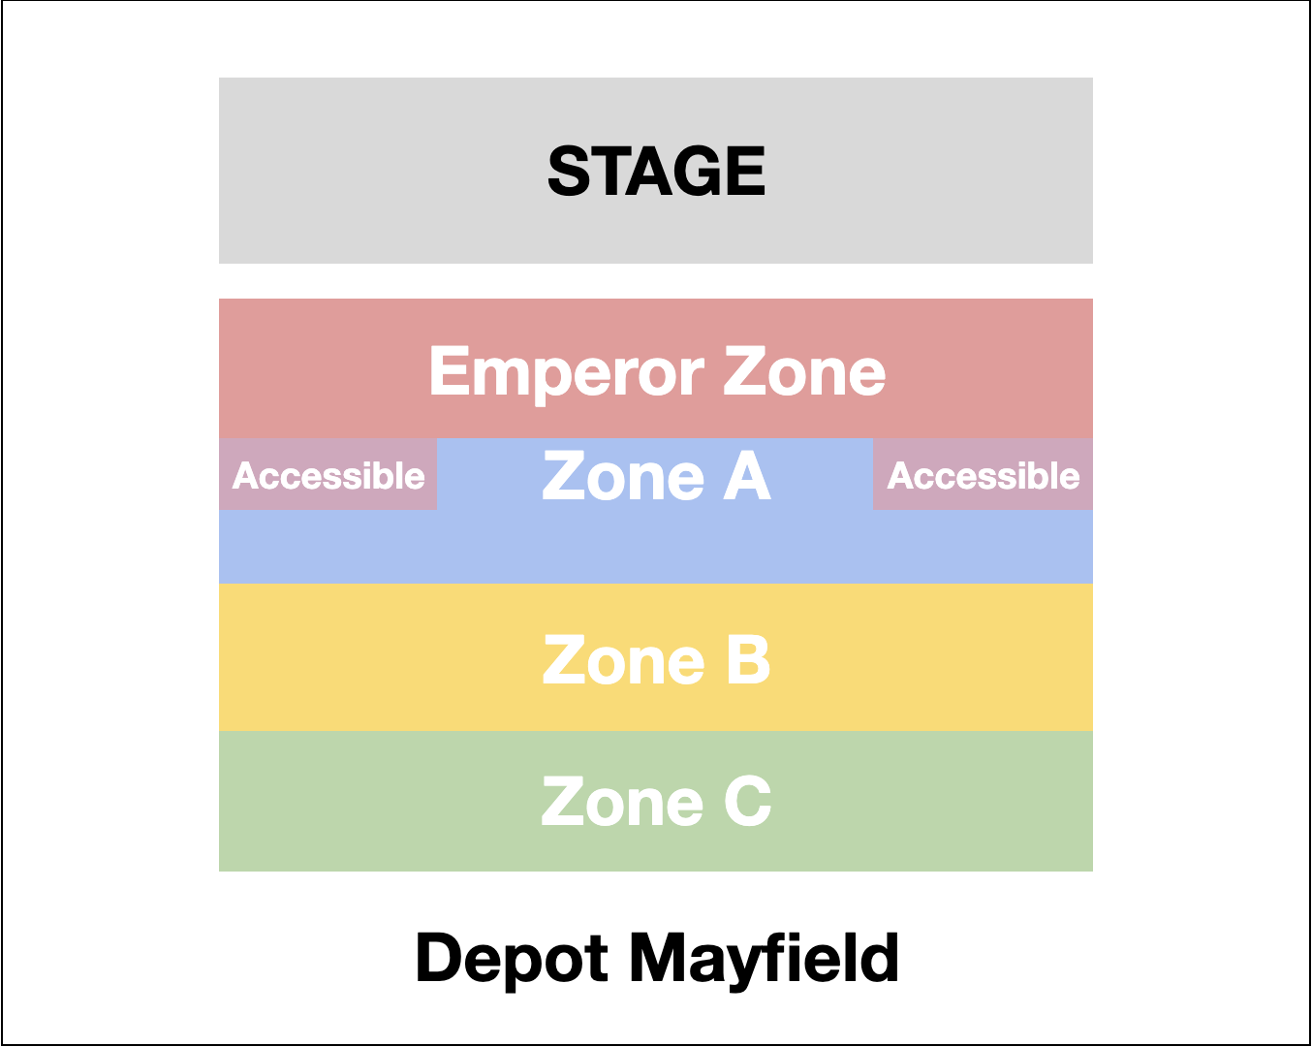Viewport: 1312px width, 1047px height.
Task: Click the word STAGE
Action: tap(656, 172)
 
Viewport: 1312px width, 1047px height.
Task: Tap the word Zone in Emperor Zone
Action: tap(804, 373)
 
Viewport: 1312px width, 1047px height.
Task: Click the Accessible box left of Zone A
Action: tap(328, 475)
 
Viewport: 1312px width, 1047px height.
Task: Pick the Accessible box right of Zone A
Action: tap(984, 475)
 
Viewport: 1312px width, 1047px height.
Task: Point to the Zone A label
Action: tap(656, 476)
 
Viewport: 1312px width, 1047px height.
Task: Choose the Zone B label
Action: tap(656, 660)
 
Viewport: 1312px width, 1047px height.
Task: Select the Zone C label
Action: tap(656, 803)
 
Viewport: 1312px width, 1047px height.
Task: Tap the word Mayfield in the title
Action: tap(765, 958)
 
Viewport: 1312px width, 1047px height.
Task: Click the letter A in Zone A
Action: tap(747, 476)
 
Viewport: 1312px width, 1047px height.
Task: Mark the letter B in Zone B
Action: tap(748, 660)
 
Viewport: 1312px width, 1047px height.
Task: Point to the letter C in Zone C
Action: tap(748, 803)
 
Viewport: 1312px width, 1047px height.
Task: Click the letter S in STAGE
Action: tap(570, 172)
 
